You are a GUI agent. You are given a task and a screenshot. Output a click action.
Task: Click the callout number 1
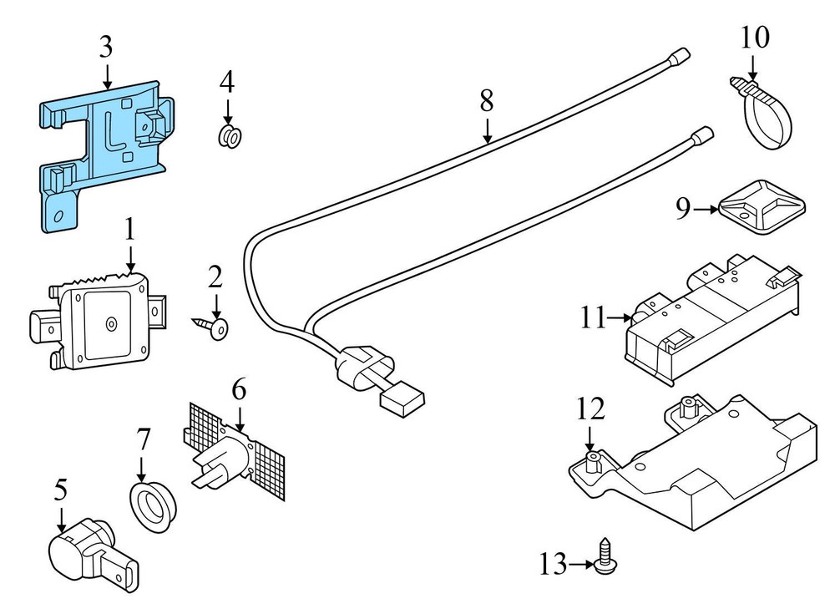pos(130,229)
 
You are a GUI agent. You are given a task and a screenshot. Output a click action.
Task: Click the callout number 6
pos(239,389)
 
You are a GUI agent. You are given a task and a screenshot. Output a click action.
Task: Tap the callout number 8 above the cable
pos(487,101)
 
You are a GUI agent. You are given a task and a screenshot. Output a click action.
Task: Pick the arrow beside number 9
pos(705,209)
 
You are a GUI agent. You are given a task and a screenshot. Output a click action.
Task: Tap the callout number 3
pos(106,47)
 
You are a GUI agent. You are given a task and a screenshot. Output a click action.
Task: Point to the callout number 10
pos(754,38)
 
